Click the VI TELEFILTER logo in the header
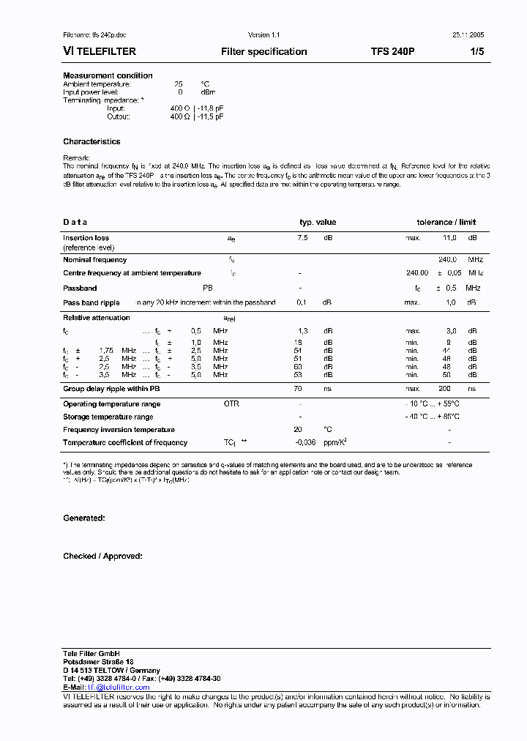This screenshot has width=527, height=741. click(100, 52)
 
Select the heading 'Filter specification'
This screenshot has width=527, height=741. click(263, 52)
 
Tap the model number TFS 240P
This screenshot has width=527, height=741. click(392, 52)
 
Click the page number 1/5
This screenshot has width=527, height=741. click(476, 52)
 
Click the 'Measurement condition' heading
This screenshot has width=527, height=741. click(108, 75)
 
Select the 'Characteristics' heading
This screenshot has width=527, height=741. click(91, 141)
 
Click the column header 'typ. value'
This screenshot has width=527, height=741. click(318, 222)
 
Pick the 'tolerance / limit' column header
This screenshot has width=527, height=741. click(446, 222)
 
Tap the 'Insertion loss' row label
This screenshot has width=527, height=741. click(86, 238)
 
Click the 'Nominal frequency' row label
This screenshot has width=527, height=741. click(94, 260)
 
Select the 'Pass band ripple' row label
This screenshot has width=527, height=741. click(91, 302)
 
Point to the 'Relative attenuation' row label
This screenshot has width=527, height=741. click(96, 318)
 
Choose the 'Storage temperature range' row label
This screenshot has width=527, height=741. click(108, 417)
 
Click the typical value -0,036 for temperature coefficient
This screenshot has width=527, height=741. click(305, 442)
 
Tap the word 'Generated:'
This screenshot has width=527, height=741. click(84, 518)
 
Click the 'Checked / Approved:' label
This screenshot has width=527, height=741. click(102, 556)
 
